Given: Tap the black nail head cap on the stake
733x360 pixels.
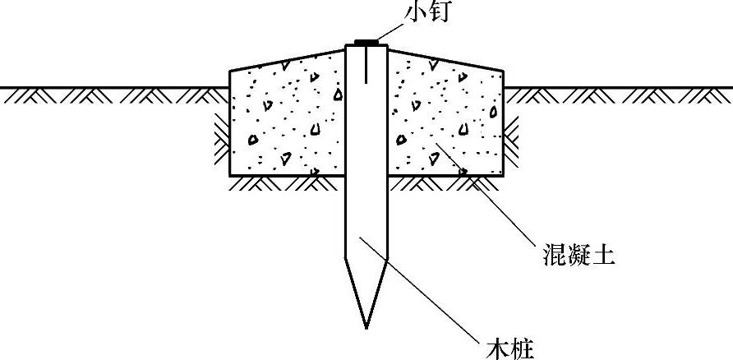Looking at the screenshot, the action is (366, 42).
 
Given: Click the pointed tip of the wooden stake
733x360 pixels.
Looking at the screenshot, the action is (366, 326).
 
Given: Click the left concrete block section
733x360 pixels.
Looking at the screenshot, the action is (288, 115).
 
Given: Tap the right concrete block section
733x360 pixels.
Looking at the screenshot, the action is (444, 115).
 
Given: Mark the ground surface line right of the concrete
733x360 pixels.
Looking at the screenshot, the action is (616, 87).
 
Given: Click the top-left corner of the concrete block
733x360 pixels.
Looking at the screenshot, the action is (230, 71).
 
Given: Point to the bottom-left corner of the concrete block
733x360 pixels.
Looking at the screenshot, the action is (230, 175).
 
